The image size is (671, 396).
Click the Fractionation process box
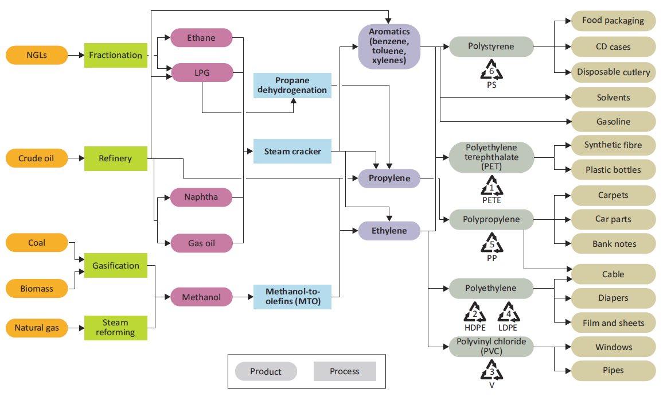pos(115,55)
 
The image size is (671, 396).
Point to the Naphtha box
pos(201,197)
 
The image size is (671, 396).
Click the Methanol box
pos(201,297)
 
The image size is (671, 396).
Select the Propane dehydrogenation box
pos(292,85)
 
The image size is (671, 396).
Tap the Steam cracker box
pos(292,152)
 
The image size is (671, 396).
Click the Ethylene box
pos(389,231)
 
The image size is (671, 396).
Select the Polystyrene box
pos(491,46)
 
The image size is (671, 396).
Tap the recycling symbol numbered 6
pos(491,71)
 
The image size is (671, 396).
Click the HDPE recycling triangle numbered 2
pos(475,313)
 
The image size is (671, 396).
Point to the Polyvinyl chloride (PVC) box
pos(491,347)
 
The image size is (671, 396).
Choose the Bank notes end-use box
pos(613,244)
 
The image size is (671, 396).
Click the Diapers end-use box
pos(613,298)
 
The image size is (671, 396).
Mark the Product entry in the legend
pos(266,371)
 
